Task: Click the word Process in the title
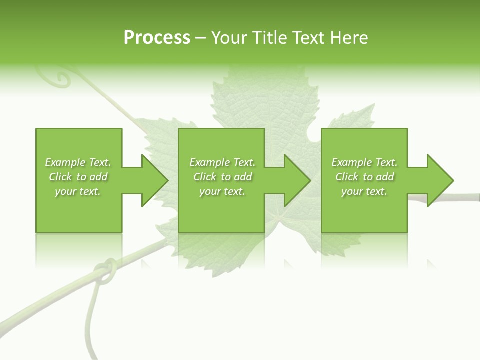coord(157,38)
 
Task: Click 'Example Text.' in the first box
coord(78,162)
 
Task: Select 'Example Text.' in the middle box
coord(222,162)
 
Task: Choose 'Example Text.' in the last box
coord(364,162)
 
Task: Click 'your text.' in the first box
coord(78,191)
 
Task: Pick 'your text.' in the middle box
coord(222,191)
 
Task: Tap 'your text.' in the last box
coord(364,191)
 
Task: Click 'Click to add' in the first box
coord(78,177)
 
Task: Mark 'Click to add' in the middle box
coord(222,177)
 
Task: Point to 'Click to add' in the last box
coord(364,177)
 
